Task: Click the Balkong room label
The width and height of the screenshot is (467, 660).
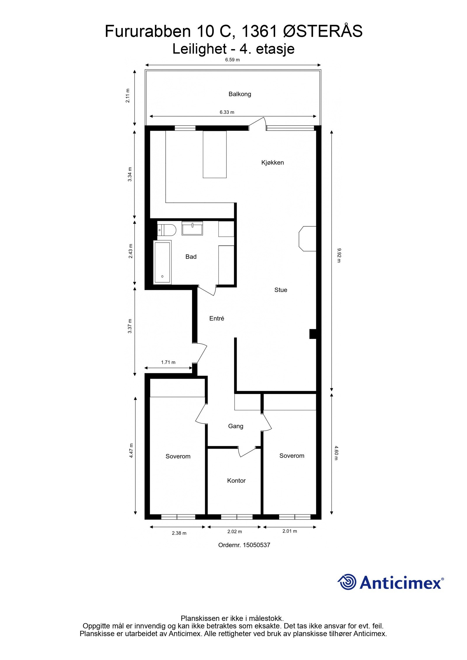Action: pyautogui.click(x=240, y=94)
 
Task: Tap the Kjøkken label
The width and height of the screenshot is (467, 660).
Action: pyautogui.click(x=272, y=162)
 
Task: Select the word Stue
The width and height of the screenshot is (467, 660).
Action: pyautogui.click(x=280, y=290)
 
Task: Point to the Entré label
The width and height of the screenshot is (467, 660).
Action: pyautogui.click(x=217, y=318)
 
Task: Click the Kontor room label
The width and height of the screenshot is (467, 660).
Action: pyautogui.click(x=236, y=480)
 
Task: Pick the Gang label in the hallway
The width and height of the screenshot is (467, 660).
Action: pyautogui.click(x=236, y=426)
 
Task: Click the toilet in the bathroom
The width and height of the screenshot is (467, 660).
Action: pyautogui.click(x=167, y=230)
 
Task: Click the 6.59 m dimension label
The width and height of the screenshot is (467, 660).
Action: pyautogui.click(x=232, y=60)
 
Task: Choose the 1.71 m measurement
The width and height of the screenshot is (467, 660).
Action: pyautogui.click(x=168, y=363)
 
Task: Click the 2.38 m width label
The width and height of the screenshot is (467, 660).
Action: pyautogui.click(x=179, y=533)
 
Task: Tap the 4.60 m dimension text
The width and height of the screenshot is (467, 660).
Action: pyautogui.click(x=336, y=453)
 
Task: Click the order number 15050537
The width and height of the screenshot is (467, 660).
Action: pyautogui.click(x=244, y=545)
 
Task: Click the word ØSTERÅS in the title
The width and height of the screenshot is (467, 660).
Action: pyautogui.click(x=323, y=31)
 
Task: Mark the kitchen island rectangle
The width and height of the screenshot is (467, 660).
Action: pyautogui.click(x=215, y=154)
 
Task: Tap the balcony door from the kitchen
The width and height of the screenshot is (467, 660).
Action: pyautogui.click(x=257, y=124)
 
